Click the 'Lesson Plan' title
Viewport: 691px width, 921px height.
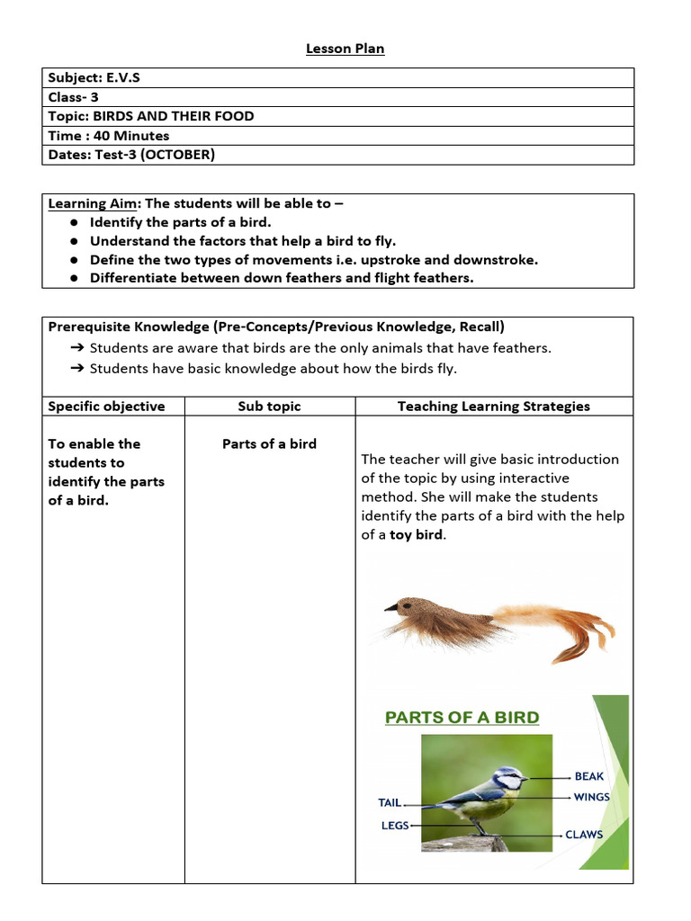click(345, 49)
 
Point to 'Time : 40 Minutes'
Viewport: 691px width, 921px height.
click(109, 136)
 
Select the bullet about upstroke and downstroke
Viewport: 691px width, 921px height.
click(313, 260)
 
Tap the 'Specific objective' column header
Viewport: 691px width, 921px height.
click(106, 407)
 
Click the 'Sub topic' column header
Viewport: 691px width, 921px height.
click(269, 407)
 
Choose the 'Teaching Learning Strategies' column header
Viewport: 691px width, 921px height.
click(494, 407)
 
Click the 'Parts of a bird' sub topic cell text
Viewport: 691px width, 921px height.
click(269, 443)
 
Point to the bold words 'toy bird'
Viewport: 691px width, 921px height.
click(416, 535)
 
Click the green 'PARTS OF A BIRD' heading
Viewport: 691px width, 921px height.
click(462, 718)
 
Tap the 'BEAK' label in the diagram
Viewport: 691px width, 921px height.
click(589, 776)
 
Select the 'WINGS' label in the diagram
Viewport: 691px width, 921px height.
click(591, 797)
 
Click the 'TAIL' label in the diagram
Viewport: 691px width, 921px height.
click(390, 802)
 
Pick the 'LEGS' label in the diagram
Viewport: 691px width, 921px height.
click(395, 825)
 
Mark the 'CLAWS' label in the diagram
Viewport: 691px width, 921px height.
click(584, 835)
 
